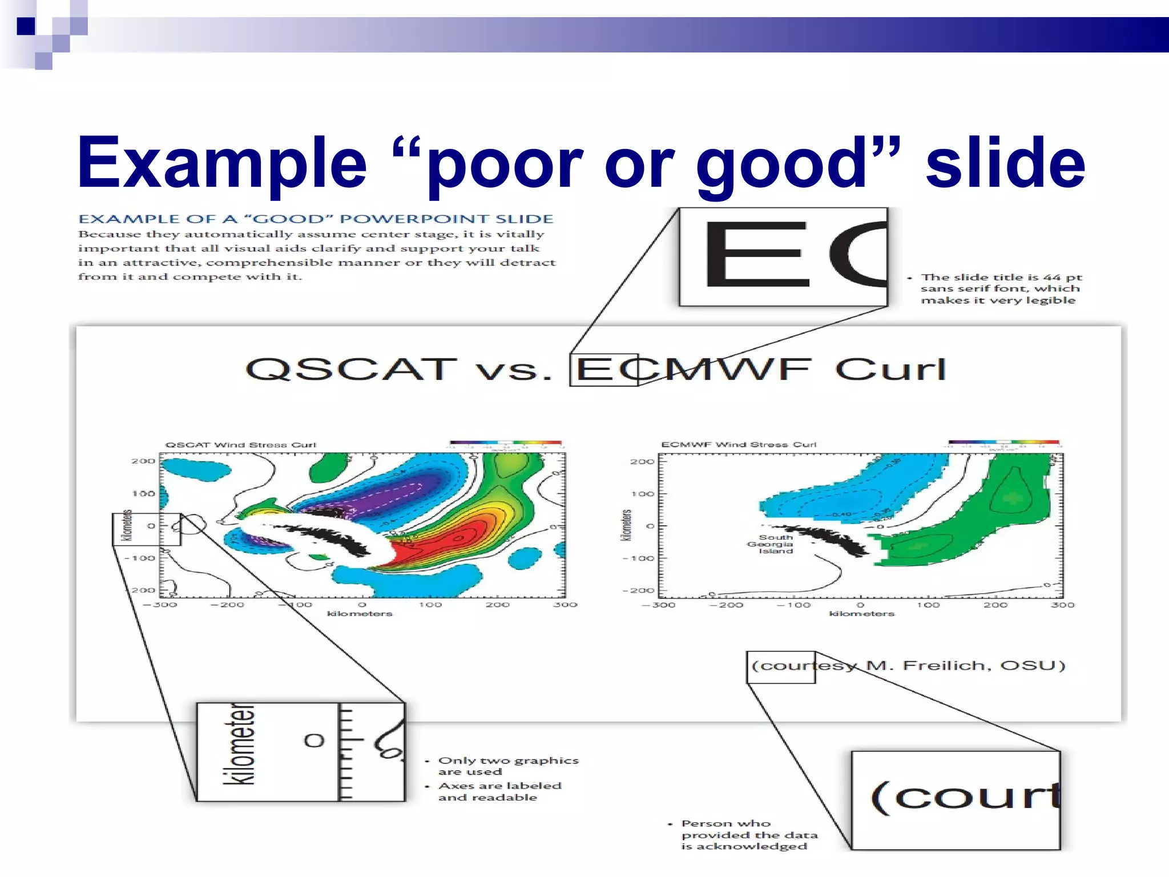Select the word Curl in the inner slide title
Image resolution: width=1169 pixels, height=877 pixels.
click(x=890, y=369)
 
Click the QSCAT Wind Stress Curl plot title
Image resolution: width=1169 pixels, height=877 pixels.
click(x=240, y=445)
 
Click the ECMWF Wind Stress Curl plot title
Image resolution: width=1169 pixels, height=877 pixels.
click(x=739, y=444)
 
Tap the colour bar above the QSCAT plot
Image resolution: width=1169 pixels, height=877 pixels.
click(x=505, y=442)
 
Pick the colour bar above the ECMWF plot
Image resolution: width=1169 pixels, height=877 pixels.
click(x=1003, y=442)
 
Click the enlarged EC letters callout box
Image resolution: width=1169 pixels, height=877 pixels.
click(x=783, y=257)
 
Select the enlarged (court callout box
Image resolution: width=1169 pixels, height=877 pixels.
click(x=956, y=800)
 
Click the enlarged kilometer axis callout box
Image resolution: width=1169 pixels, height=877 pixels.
click(x=300, y=752)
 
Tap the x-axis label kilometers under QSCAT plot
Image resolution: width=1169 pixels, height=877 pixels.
click(x=360, y=614)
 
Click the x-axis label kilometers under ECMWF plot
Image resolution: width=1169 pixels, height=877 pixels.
click(x=861, y=614)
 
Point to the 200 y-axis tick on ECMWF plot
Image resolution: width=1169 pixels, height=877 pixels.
click(x=642, y=461)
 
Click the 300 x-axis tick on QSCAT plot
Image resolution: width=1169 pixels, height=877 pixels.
click(x=565, y=605)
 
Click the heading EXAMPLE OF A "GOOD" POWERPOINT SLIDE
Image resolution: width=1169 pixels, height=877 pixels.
click(x=316, y=219)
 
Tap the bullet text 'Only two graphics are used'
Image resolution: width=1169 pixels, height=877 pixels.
click(x=508, y=766)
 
